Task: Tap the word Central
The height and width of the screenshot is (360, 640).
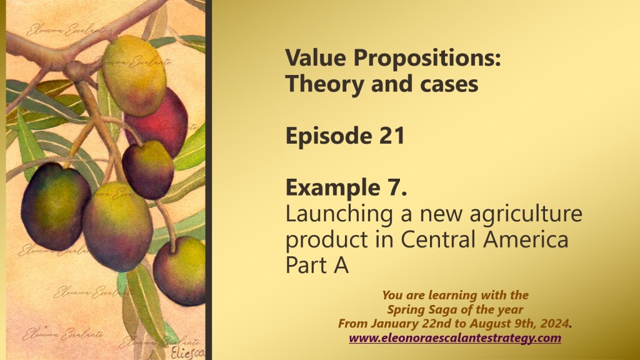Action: point(439,239)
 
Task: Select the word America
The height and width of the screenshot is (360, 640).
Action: point(525,239)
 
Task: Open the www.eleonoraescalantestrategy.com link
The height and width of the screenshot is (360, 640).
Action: point(455,338)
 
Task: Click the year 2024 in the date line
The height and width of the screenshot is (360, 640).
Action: point(554,324)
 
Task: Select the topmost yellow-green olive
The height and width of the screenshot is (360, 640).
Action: point(134,76)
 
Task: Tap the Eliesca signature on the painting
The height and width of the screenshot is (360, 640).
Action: point(187,353)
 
